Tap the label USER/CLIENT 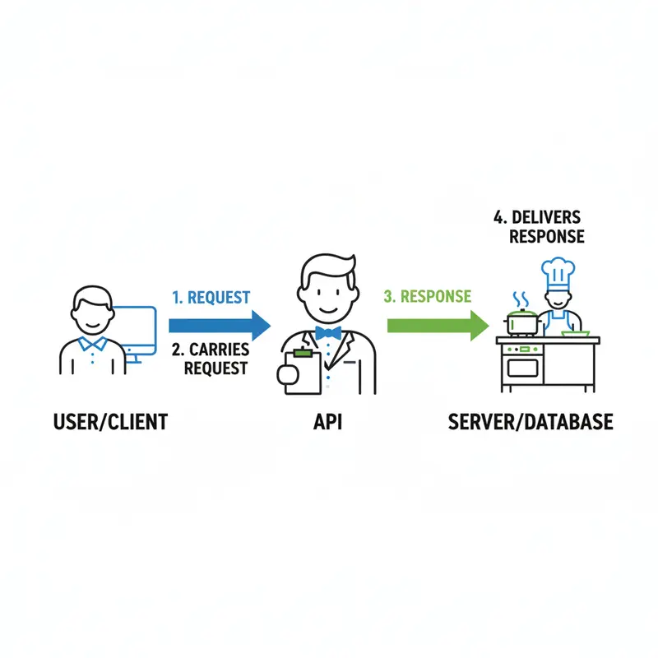click(x=110, y=423)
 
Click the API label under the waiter click(x=327, y=423)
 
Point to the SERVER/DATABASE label click(x=531, y=423)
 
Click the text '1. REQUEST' click(x=211, y=298)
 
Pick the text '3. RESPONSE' click(x=428, y=296)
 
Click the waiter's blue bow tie click(x=327, y=333)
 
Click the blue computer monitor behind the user click(x=137, y=329)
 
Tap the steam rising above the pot click(x=520, y=298)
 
